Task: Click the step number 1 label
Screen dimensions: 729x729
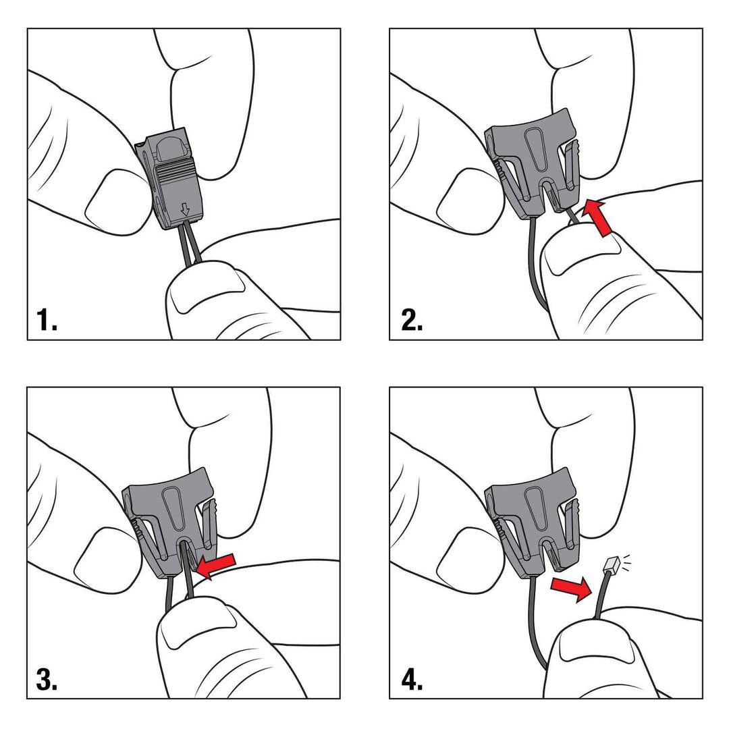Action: pos(47,320)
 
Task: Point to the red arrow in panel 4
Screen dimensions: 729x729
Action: pos(570,588)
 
